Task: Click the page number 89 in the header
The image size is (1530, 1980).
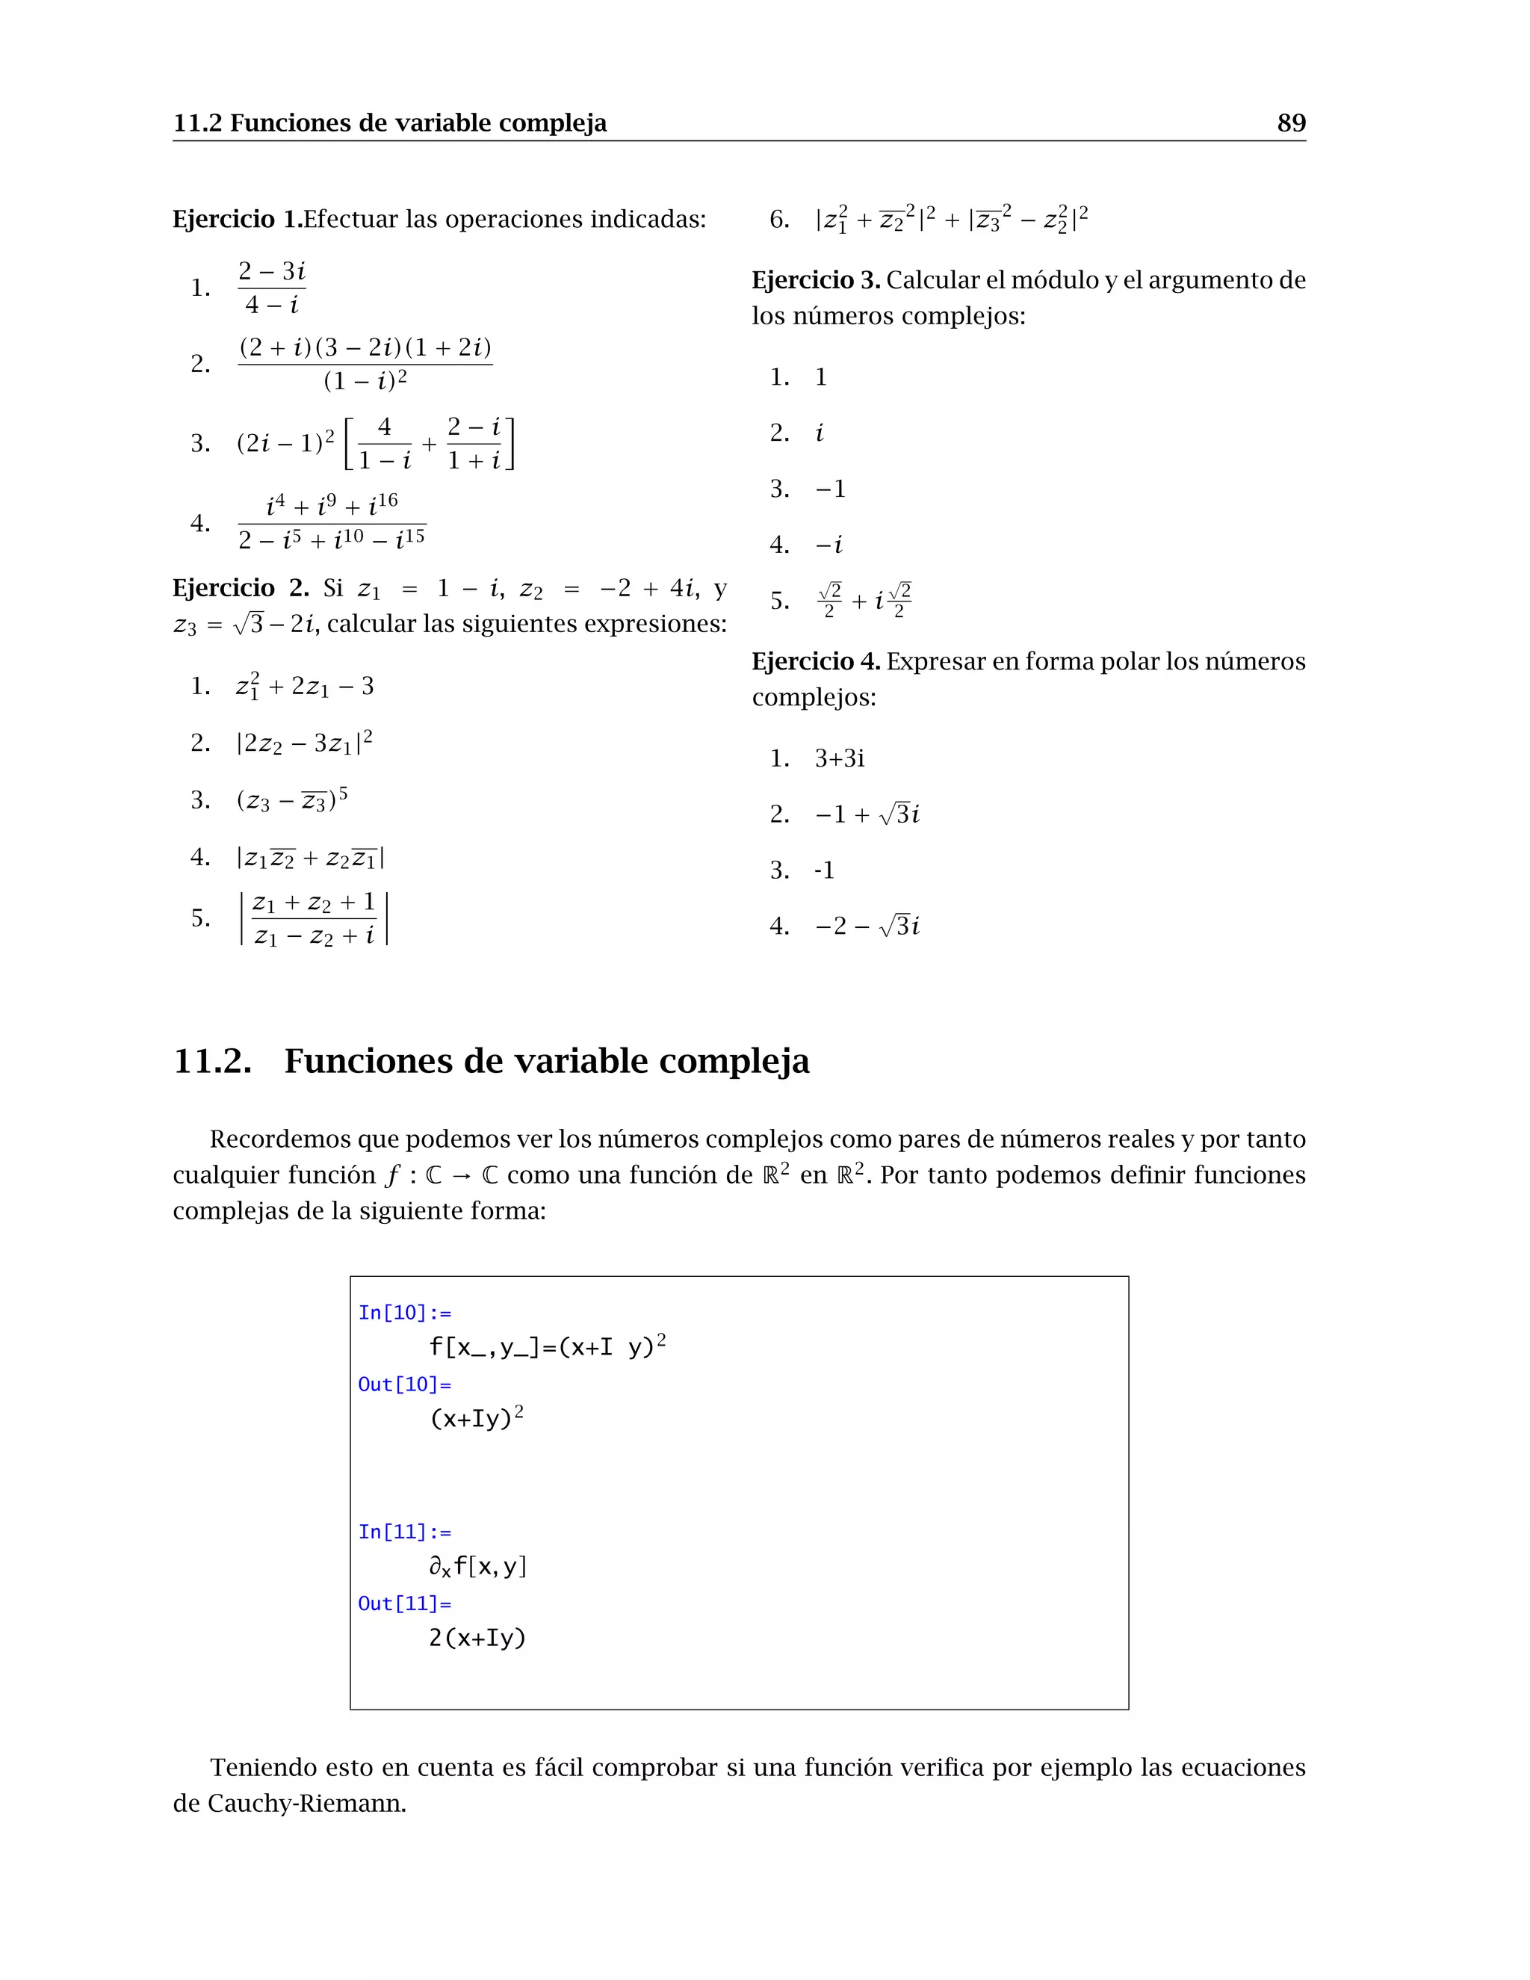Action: (1291, 123)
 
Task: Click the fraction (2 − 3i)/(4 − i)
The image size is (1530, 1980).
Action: (271, 288)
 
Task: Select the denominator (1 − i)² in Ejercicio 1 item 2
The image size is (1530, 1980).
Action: (365, 381)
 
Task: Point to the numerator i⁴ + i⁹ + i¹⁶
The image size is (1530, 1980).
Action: (332, 505)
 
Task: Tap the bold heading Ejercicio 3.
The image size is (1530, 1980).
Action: (816, 280)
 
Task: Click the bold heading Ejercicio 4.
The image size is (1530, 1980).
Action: (816, 662)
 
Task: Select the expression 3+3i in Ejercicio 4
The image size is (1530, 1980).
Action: (839, 758)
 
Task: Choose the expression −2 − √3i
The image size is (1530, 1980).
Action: (867, 926)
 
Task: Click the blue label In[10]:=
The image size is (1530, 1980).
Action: (404, 1313)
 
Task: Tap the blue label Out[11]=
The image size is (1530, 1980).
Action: (404, 1603)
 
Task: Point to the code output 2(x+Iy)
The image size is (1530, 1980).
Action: (477, 1639)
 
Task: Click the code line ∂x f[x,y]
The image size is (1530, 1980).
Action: (477, 1567)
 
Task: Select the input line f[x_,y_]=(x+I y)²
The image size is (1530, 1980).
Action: (548, 1346)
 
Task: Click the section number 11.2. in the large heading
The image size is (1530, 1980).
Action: (212, 1061)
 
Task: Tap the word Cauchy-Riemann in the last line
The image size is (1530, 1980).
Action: (306, 1803)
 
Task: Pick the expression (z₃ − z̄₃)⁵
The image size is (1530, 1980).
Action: (292, 800)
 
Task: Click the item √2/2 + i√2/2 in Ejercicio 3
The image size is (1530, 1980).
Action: (864, 601)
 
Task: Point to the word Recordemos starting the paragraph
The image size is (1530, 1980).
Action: (281, 1139)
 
